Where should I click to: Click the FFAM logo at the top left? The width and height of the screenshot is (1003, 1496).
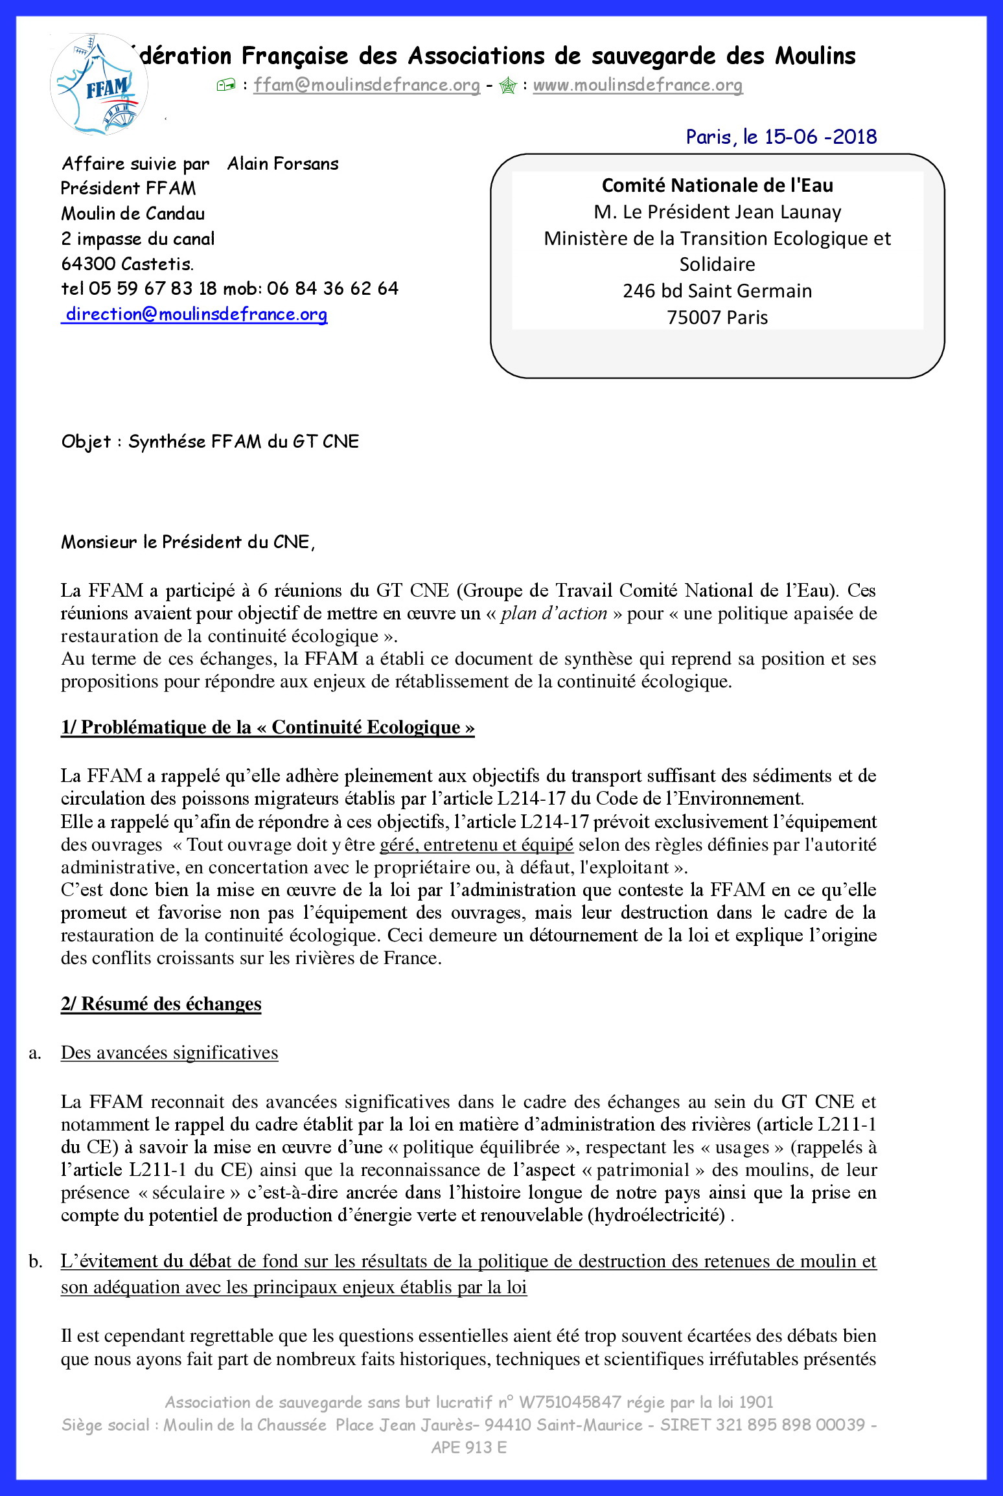tap(98, 85)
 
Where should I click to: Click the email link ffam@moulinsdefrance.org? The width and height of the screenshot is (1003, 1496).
tap(367, 85)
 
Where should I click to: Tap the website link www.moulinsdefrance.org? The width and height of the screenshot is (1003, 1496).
tap(638, 85)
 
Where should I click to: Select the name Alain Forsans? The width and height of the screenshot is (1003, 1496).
tap(283, 164)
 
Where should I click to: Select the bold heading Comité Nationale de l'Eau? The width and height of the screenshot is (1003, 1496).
tap(717, 186)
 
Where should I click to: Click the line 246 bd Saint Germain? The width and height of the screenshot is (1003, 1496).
tap(717, 291)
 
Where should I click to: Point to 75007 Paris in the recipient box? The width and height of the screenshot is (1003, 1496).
tap(717, 317)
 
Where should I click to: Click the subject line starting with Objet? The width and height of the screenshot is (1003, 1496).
tap(210, 442)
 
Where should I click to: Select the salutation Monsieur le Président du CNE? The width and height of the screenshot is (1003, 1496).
tap(188, 542)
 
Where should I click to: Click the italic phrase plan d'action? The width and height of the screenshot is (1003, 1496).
tap(554, 614)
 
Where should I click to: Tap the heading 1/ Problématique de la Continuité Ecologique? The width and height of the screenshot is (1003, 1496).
tap(268, 727)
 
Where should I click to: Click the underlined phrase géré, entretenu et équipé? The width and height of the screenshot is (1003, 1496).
tap(476, 845)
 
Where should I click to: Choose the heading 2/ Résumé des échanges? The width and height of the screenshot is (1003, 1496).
tap(161, 1004)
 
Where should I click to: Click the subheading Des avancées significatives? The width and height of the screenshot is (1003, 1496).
tap(170, 1053)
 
